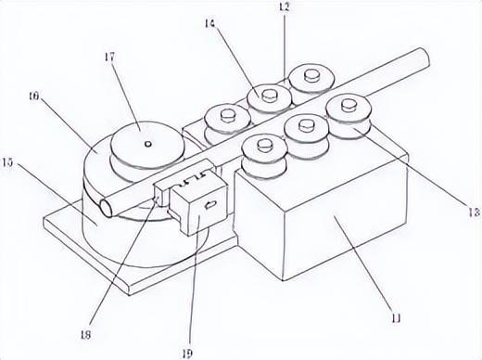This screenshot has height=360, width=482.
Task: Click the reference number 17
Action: coord(109,58)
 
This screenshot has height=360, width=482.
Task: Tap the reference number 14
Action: coord(209,23)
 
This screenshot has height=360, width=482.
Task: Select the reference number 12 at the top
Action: coord(285,6)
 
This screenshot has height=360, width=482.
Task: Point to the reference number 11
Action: coord(397,318)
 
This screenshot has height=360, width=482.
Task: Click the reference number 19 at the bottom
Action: coord(187,354)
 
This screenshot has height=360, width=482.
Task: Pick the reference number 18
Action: coord(85,335)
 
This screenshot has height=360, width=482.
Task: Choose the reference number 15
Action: coord(7,162)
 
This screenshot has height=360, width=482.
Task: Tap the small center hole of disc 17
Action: coord(148,144)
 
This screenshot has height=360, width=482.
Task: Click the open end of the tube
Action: coord(107,208)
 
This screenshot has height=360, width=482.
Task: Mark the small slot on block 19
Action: coord(210,204)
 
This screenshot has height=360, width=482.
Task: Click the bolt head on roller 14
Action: coord(269,96)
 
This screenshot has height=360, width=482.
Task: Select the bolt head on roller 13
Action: coord(349,104)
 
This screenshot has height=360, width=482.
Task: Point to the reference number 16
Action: coord(33,96)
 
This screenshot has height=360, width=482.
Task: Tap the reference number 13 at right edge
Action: coord(475,212)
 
